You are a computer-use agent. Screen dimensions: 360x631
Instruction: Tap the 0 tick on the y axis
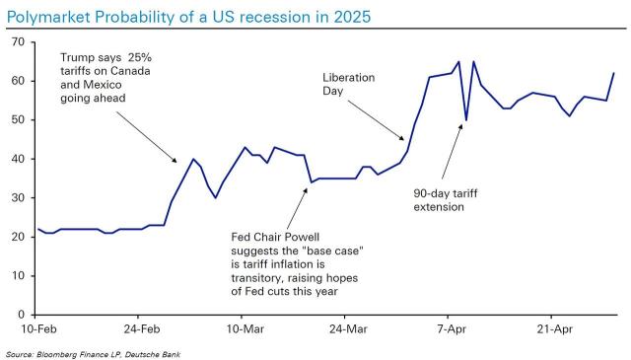(x=23, y=315)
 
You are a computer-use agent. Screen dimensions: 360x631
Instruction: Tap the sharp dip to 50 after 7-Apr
(x=465, y=120)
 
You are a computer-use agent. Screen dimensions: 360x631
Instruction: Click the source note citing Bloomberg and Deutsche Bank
(x=94, y=353)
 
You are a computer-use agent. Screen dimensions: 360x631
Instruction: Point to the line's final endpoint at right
(x=614, y=73)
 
